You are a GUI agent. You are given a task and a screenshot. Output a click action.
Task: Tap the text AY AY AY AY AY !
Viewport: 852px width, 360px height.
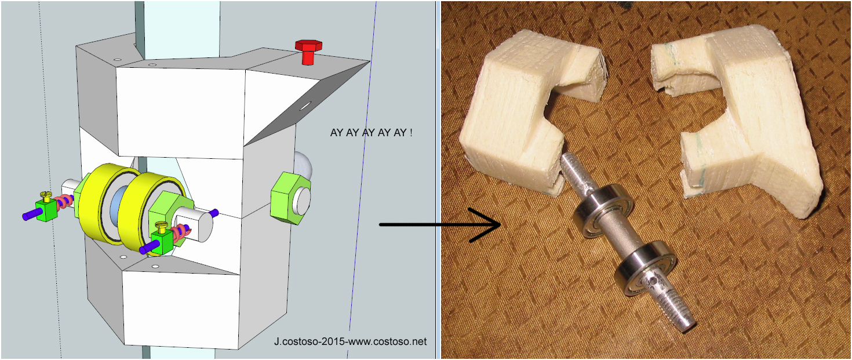pos(371,133)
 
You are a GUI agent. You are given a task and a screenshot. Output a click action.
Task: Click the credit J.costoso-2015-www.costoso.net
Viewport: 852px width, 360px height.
pos(350,341)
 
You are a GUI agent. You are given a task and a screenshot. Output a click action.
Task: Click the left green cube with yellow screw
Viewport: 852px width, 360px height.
pos(46,209)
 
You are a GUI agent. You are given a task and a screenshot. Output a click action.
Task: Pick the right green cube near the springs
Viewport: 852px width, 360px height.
pos(161,242)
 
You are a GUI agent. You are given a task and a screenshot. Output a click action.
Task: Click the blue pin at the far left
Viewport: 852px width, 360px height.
pos(29,216)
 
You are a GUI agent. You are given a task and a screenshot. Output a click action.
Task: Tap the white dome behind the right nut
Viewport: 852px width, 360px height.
pos(304,168)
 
